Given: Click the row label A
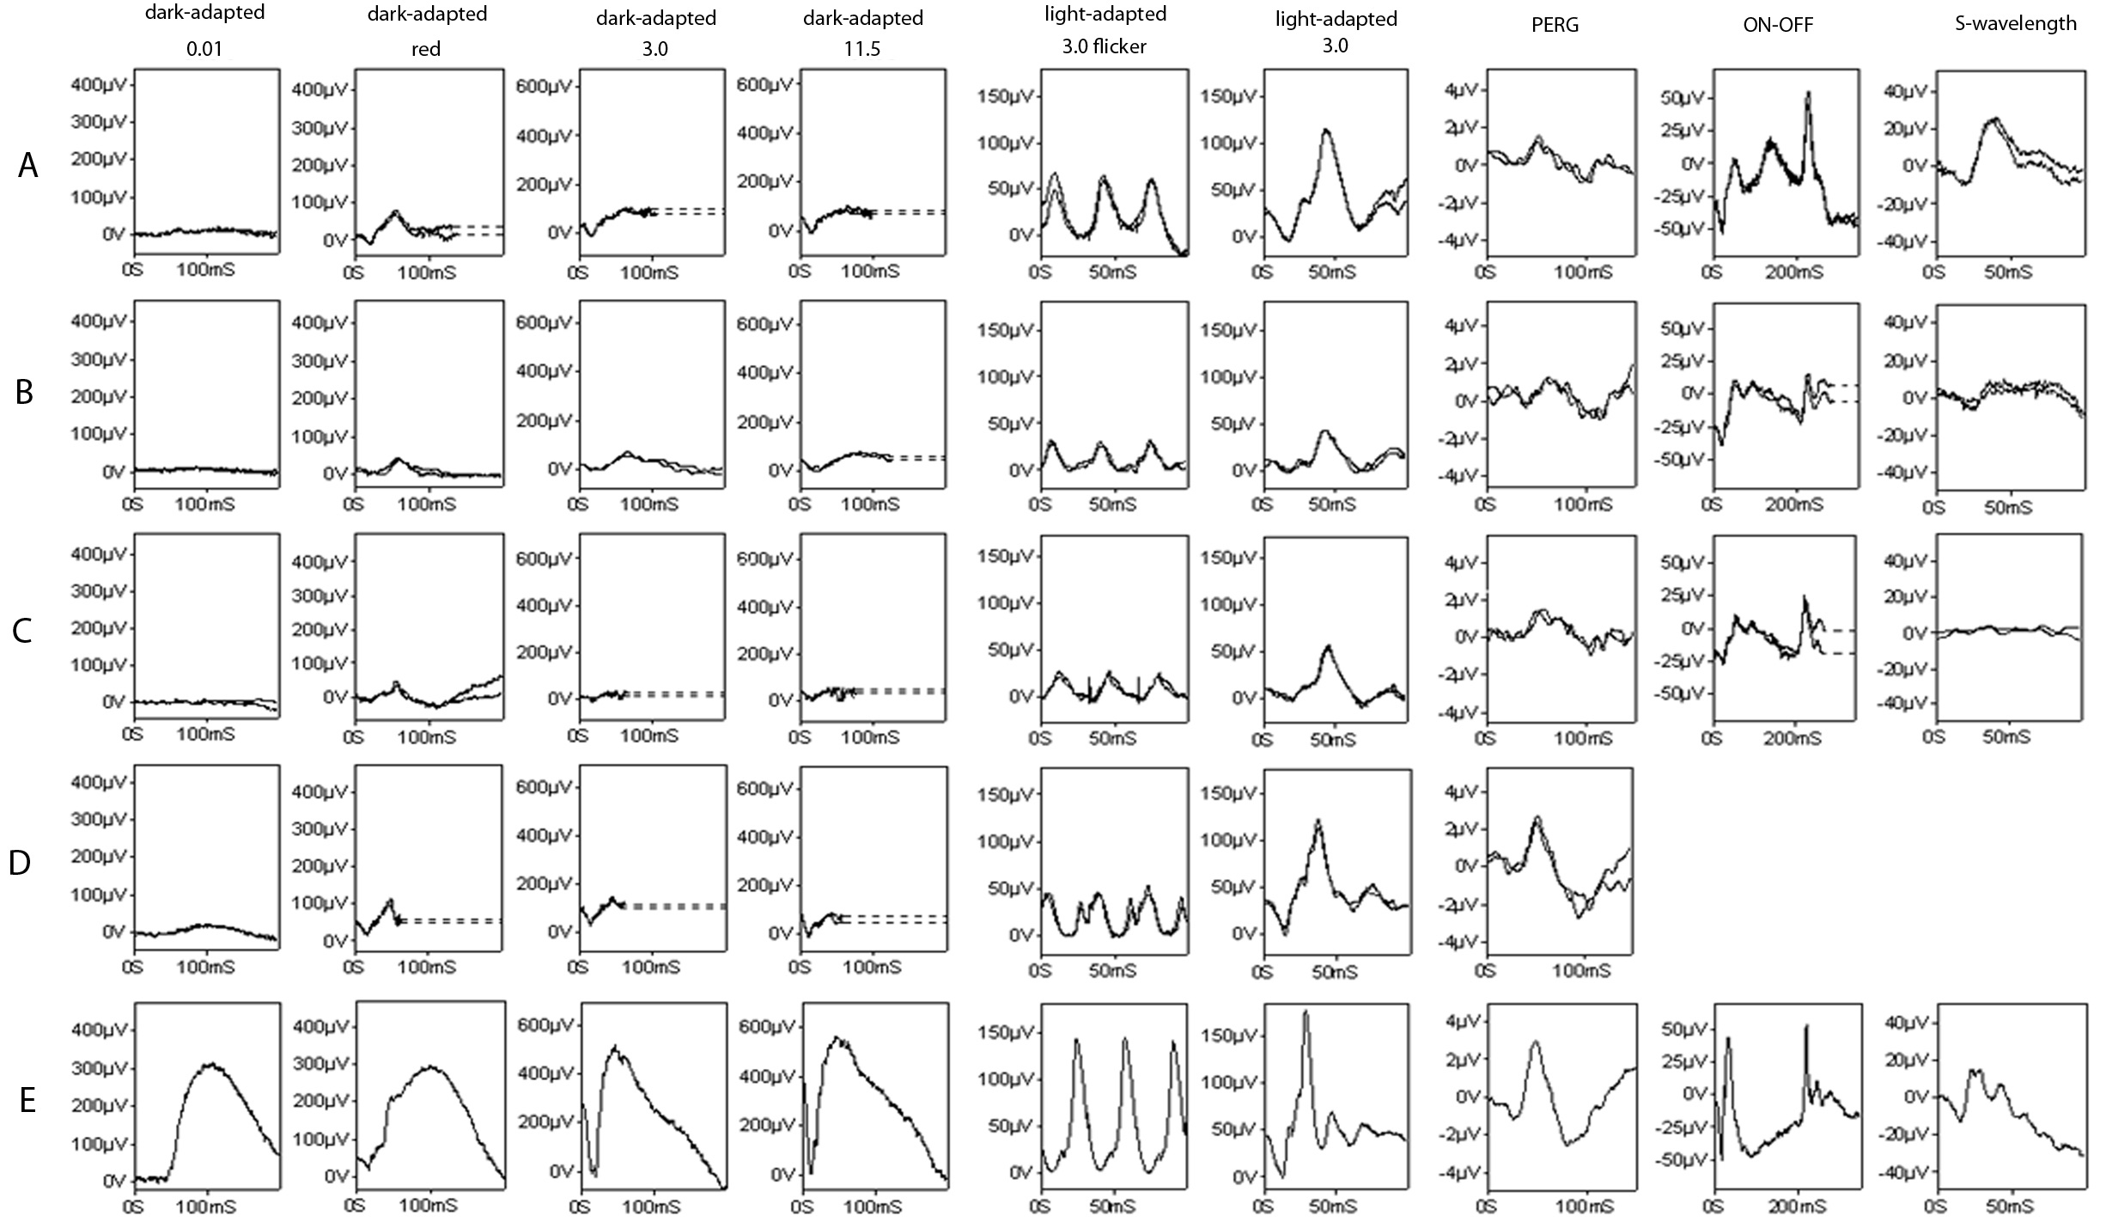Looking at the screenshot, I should (x=27, y=165).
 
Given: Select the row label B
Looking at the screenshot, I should (x=25, y=392).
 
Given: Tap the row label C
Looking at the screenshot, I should (x=23, y=631).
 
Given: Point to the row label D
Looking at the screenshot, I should (x=20, y=863).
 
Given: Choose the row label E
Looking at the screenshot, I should (x=27, y=1099).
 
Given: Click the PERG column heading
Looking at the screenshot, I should (x=1555, y=25).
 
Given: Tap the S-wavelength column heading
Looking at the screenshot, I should (x=2015, y=23).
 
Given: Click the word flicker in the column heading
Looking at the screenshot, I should (x=1119, y=46).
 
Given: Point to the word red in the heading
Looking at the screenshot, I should (x=426, y=49).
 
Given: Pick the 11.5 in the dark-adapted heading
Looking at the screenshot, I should (x=862, y=49).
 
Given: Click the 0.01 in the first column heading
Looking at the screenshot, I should (x=204, y=49).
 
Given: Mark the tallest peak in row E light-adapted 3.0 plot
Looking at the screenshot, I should (x=1306, y=1012).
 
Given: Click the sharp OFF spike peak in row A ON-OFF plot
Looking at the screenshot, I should (x=1808, y=93).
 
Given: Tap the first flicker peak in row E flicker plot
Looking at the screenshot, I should (x=1077, y=1040).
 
